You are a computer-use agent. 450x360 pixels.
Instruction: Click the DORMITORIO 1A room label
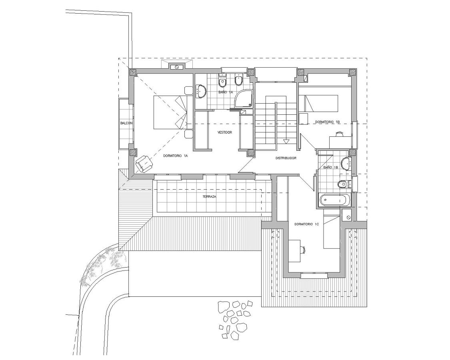coord(176,156)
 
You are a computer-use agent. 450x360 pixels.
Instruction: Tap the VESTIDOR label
coord(224,132)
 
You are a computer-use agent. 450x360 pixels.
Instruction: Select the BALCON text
coord(126,123)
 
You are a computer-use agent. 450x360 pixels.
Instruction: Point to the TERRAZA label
coord(209,197)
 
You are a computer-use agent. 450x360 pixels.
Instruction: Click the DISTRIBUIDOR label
coord(286,158)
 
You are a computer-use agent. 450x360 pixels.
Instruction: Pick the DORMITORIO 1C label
coord(306,224)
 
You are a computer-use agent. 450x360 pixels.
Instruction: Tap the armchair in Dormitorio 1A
coord(144,163)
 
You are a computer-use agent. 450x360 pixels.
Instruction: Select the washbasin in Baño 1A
coord(200,92)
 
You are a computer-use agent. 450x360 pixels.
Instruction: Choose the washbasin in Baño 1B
coord(347,162)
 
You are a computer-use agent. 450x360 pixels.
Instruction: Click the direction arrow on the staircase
coord(286,141)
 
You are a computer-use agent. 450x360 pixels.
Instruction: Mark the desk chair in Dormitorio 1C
coord(303,249)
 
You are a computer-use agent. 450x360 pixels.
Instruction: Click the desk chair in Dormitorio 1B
coord(340,135)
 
